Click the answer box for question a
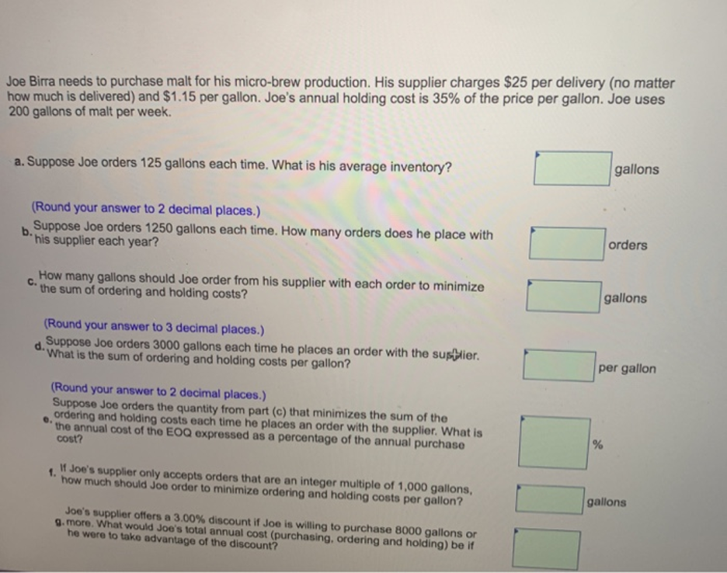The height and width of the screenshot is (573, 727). click(572, 168)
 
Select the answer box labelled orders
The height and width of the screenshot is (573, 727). click(566, 244)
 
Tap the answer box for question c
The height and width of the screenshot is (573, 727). click(563, 297)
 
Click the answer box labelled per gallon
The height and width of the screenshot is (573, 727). click(559, 366)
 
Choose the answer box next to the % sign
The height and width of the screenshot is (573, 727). click(554, 443)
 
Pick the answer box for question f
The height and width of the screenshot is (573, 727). click(550, 499)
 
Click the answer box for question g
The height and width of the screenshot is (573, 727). click(547, 550)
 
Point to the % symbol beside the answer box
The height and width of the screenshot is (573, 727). click(598, 445)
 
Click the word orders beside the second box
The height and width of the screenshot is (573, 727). click(628, 245)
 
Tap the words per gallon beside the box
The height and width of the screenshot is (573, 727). click(627, 369)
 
